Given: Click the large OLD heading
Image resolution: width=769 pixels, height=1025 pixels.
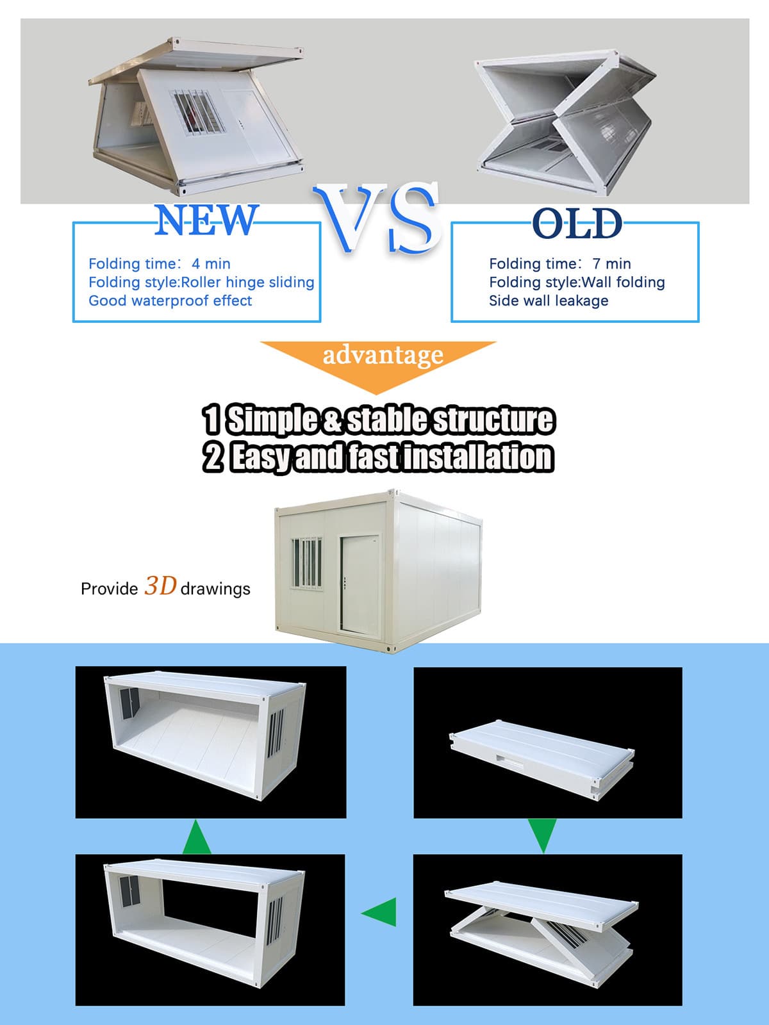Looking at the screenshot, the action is click(x=577, y=223).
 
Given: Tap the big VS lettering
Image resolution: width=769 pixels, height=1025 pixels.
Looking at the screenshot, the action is click(x=377, y=217).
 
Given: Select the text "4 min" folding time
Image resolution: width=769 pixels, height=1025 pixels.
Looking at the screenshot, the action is click(x=211, y=264).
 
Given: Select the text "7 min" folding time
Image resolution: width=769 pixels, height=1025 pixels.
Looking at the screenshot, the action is click(x=611, y=264).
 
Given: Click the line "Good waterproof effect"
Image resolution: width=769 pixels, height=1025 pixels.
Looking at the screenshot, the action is click(x=170, y=300).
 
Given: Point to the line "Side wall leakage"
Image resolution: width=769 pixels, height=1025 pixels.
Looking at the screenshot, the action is click(x=549, y=300).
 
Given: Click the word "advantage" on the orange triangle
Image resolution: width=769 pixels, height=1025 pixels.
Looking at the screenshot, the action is click(x=383, y=356).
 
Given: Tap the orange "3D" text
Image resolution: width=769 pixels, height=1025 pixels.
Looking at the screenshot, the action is click(x=160, y=586).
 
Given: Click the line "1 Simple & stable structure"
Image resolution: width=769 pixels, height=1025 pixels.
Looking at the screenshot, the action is click(x=379, y=420).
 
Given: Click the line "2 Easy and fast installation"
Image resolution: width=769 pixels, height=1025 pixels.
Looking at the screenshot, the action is click(x=379, y=457).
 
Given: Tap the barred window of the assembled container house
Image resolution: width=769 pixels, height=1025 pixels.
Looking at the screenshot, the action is click(x=307, y=563).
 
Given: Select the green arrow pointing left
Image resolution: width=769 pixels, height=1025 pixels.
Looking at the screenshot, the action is click(x=379, y=912).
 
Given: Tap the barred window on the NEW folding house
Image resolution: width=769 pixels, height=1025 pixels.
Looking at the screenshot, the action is click(x=199, y=113).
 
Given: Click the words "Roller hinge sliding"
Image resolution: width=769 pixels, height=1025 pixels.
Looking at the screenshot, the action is click(x=247, y=283).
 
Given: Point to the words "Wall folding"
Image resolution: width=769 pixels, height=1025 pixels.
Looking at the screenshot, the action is click(x=624, y=283).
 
